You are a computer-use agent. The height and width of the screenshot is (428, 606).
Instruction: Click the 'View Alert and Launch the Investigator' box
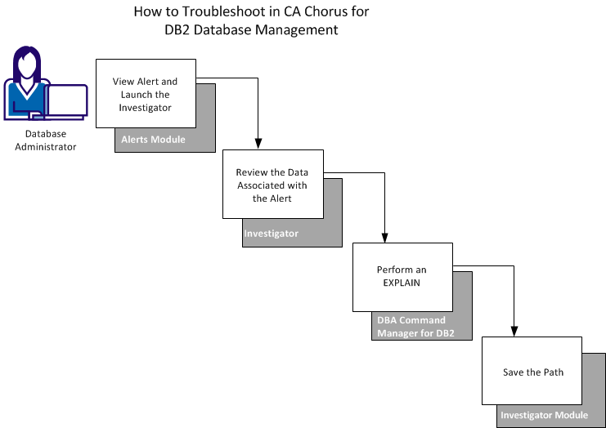pyautogui.click(x=146, y=93)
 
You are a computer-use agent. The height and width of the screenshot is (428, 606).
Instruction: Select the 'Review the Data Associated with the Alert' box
pyautogui.click(x=272, y=185)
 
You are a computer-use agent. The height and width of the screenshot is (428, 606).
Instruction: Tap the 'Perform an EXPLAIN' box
pyautogui.click(x=401, y=276)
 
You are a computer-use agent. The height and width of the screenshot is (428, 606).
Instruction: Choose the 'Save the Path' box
pyautogui.click(x=532, y=372)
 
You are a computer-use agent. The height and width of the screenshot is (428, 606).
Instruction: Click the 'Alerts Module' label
pyautogui.click(x=153, y=140)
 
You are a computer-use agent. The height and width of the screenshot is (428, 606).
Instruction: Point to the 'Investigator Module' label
pyautogui.click(x=543, y=416)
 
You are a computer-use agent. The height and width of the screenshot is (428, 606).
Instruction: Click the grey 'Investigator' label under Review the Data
pyautogui.click(x=272, y=234)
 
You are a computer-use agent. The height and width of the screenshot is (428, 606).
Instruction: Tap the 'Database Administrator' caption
pyautogui.click(x=45, y=140)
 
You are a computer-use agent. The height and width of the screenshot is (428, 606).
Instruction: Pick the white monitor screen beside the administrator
pyautogui.click(x=67, y=100)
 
